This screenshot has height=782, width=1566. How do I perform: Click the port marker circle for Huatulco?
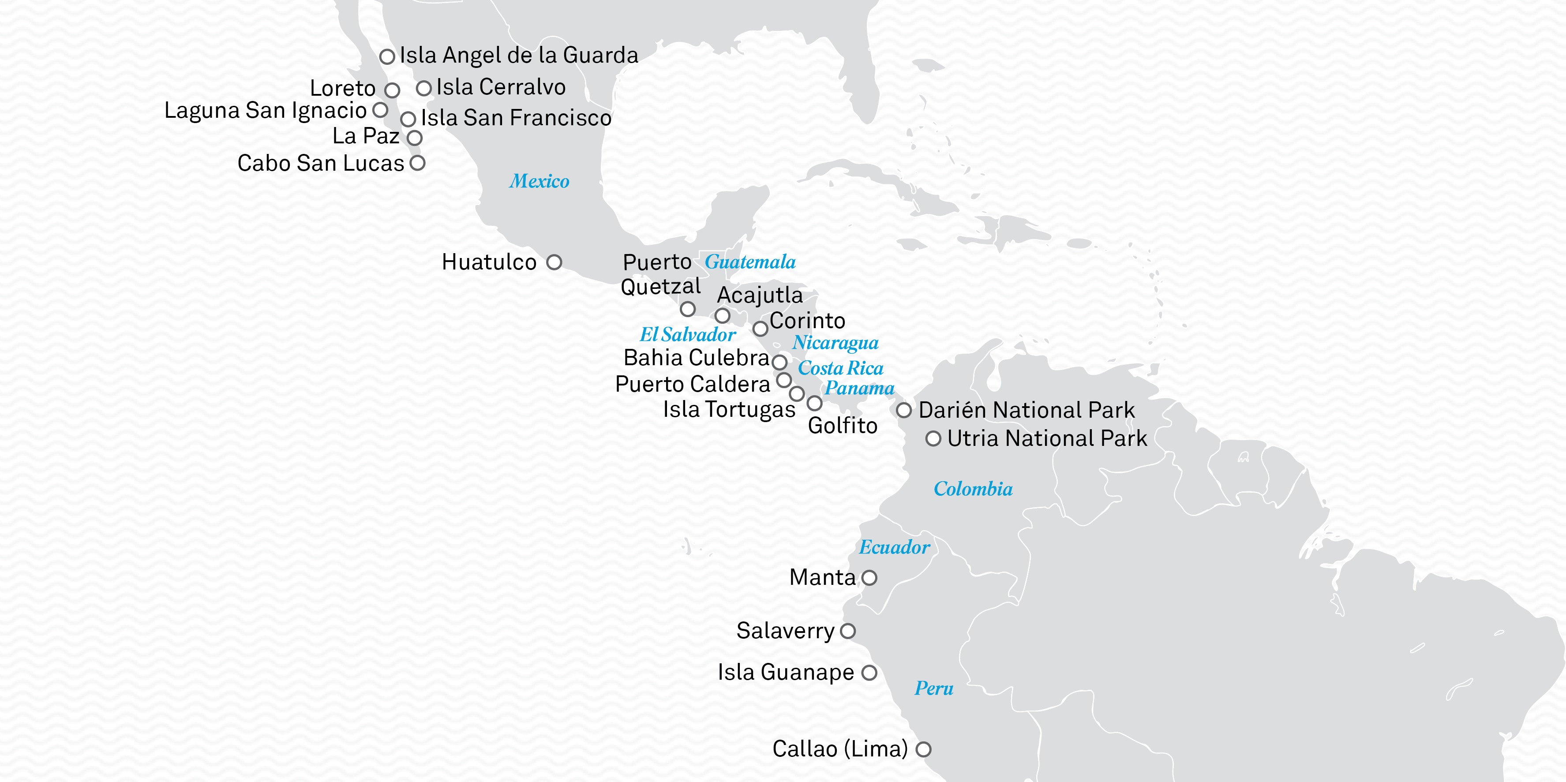click(554, 262)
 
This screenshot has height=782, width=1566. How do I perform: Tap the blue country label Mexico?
click(539, 181)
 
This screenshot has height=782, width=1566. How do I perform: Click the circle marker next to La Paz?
click(415, 138)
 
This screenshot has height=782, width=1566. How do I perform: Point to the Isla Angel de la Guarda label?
click(519, 55)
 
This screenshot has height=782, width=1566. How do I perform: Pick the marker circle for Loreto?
click(392, 90)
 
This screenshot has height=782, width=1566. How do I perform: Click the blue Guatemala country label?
click(749, 262)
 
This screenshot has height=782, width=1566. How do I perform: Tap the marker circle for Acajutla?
click(722, 316)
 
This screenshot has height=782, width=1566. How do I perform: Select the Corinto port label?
click(807, 320)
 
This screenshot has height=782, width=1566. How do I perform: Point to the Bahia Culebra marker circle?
click(779, 363)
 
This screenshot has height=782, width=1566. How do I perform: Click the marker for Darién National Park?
click(904, 410)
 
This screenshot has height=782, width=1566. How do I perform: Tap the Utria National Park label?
click(1047, 438)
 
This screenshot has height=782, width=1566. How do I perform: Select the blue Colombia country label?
click(973, 489)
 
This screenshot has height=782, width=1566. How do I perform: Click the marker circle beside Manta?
click(869, 578)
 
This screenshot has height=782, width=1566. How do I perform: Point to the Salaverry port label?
click(786, 631)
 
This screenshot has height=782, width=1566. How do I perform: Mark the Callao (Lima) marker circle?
click(923, 749)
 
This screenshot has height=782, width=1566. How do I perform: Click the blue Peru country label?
click(934, 688)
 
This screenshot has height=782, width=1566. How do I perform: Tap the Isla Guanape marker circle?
click(869, 673)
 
